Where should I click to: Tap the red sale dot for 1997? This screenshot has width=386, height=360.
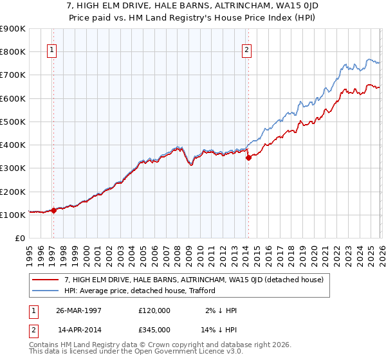54,210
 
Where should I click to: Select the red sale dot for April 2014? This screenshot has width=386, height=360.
248,157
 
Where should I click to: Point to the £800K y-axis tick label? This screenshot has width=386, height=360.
13,51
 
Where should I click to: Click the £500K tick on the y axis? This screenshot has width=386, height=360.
13,122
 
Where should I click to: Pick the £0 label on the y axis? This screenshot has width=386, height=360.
19,238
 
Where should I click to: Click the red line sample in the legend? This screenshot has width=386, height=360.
46,280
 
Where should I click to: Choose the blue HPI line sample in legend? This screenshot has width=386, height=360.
46,291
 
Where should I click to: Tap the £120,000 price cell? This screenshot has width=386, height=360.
154,310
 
